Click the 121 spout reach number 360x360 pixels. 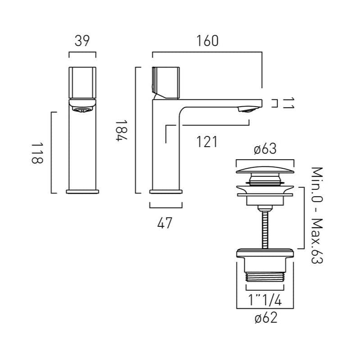click(x=207, y=141)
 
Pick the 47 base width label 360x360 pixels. click(x=166, y=222)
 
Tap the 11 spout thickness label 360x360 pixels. click(x=289, y=103)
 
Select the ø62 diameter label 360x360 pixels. click(x=265, y=319)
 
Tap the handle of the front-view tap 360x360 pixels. click(x=82, y=82)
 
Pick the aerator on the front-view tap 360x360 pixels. click(x=82, y=108)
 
